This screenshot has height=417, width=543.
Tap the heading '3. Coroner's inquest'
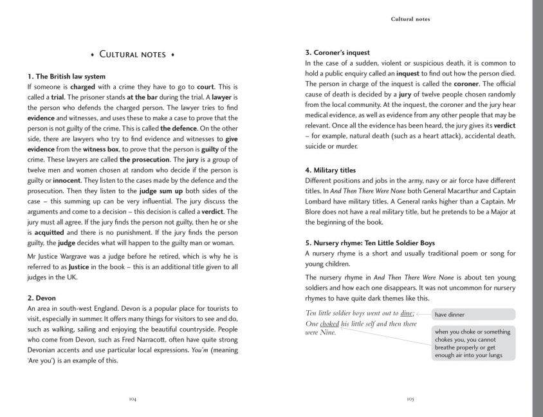[337, 53]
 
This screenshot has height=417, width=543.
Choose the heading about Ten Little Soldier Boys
[370, 243]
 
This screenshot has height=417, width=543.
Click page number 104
[133, 399]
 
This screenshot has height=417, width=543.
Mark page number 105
[410, 399]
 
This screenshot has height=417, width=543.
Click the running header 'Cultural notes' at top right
[410, 19]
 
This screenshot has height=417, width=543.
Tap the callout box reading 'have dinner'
[473, 315]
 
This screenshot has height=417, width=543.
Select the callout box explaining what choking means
[473, 344]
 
